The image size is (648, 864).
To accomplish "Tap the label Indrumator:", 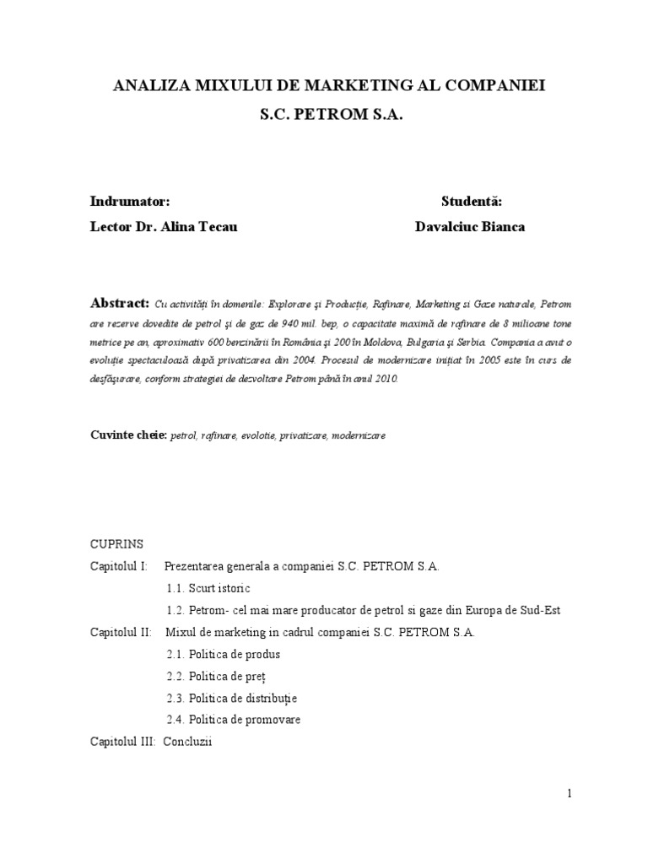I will [x=130, y=202].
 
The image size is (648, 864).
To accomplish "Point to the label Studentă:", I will [x=471, y=202].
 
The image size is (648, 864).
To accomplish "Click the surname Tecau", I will [x=219, y=227].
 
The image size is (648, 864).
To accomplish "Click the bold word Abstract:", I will [x=119, y=303].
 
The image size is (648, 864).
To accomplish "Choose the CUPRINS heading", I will [x=117, y=544].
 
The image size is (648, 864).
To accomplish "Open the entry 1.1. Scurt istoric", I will [x=208, y=588].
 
